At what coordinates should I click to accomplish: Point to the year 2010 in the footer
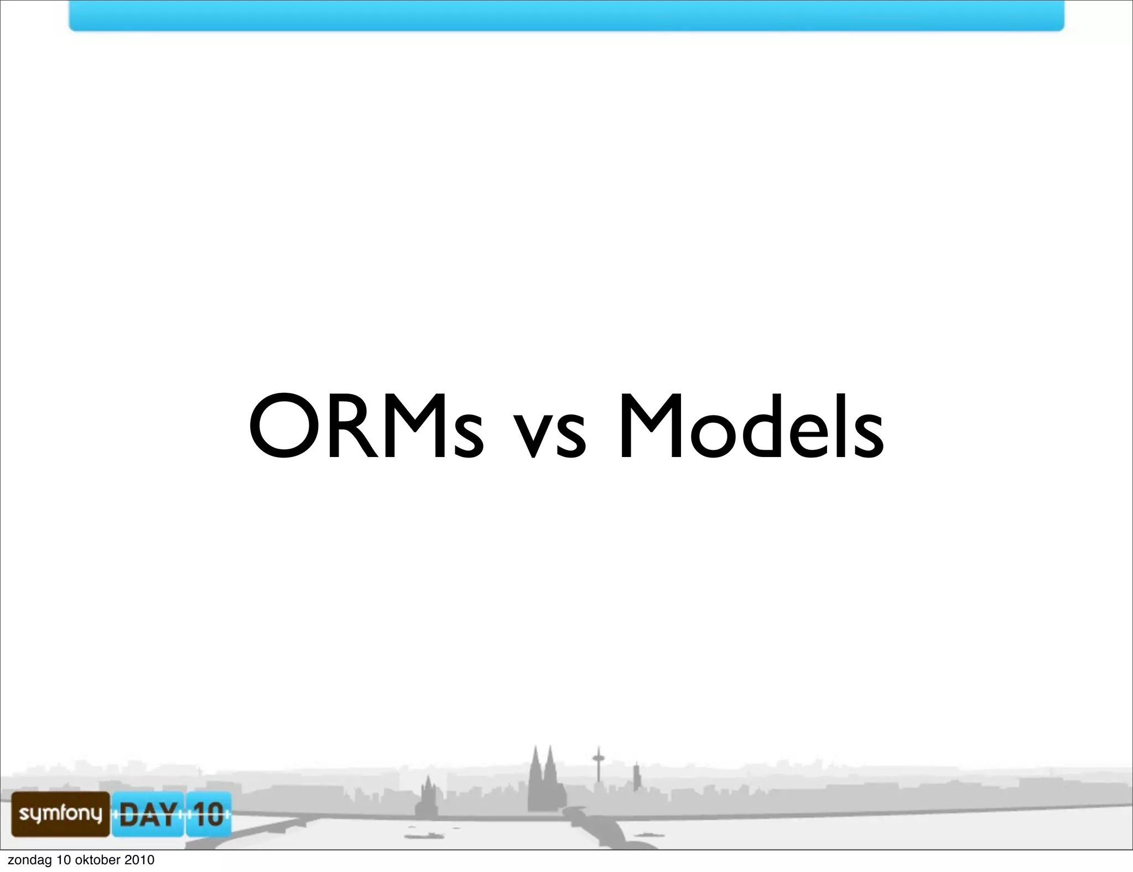point(139,860)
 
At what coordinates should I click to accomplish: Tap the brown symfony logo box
point(61,813)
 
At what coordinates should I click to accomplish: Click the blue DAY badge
point(148,814)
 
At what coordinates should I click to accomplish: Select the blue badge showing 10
point(209,814)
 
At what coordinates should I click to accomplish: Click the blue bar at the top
point(566,15)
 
